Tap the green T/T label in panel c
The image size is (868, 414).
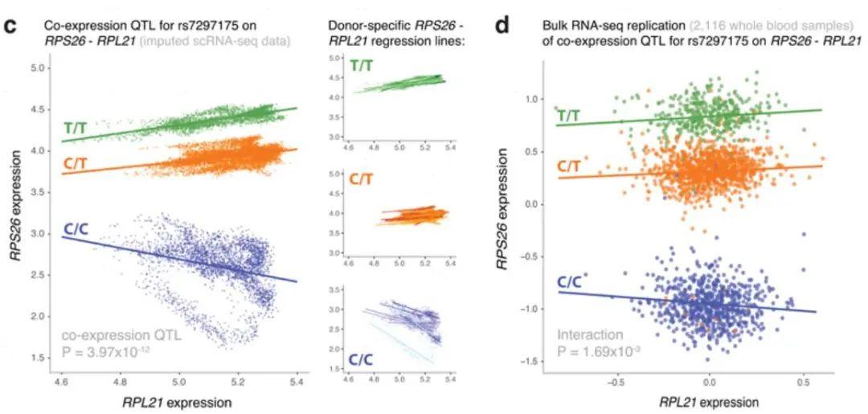77,128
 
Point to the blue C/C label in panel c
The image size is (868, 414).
77,230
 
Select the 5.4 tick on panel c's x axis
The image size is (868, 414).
297,375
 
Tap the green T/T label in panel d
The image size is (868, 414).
569,116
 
